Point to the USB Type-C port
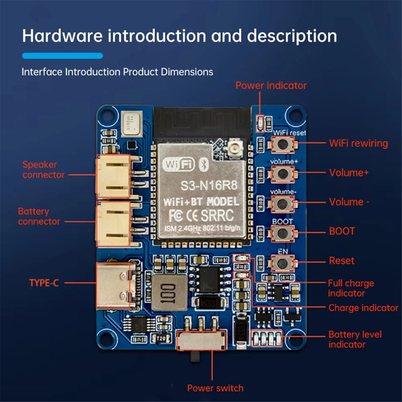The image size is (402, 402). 116,285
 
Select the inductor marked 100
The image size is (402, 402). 169,292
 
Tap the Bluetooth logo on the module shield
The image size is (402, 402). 204,164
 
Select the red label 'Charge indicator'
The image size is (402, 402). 363,308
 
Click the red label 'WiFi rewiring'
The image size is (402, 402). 358,143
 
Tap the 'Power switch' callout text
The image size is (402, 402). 215,388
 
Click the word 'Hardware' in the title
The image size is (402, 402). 62,36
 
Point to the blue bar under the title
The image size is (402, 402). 62,56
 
